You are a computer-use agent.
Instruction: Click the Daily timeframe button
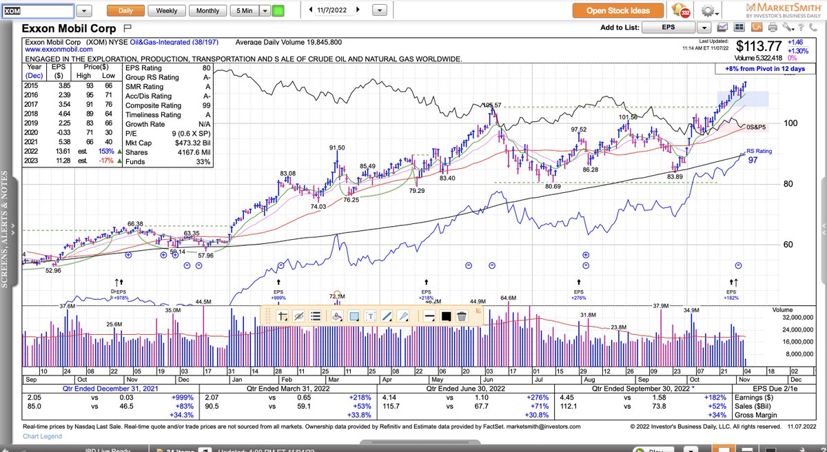125,11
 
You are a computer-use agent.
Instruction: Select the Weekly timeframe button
166,11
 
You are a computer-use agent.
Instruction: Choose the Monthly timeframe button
207,11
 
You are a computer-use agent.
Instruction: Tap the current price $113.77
758,47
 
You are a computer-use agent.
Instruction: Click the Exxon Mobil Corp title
69,29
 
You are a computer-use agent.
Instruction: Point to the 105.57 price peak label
491,105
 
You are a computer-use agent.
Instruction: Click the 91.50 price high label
336,147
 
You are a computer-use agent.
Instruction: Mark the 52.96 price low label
53,271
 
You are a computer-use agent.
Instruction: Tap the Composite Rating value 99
206,105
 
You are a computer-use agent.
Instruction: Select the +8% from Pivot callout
755,69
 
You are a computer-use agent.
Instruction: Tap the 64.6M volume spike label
508,298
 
